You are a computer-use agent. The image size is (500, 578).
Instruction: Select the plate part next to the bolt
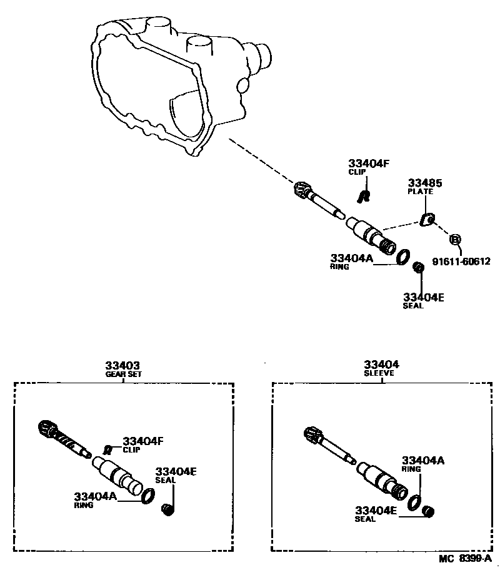pyautogui.click(x=427, y=219)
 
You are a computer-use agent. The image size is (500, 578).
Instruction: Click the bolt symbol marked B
pyautogui.click(x=456, y=239)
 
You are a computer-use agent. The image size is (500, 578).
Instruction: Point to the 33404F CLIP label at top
pyautogui.click(x=369, y=167)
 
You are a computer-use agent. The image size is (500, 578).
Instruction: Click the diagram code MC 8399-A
pyautogui.click(x=464, y=559)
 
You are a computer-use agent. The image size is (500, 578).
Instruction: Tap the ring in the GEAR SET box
pyautogui.click(x=148, y=496)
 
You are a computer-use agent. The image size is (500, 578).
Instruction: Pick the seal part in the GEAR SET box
pyautogui.click(x=167, y=511)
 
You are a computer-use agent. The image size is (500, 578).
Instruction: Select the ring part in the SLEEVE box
pyautogui.click(x=414, y=502)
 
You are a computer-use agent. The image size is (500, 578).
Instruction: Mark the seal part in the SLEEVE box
pyautogui.click(x=429, y=512)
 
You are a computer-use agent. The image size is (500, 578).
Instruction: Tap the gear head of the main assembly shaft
pyautogui.click(x=302, y=190)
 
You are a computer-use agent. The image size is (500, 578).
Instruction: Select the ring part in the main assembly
pyautogui.click(x=404, y=256)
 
